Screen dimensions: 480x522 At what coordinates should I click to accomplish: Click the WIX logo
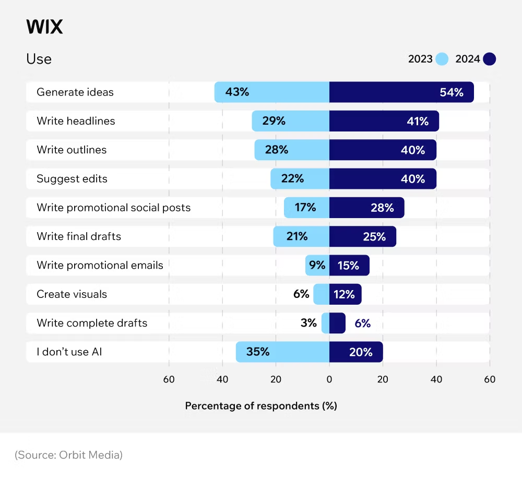click(x=44, y=27)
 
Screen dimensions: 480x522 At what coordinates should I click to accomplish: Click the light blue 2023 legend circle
click(x=442, y=59)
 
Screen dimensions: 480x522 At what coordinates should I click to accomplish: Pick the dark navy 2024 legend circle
click(x=489, y=59)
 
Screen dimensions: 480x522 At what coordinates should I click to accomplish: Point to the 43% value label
click(x=237, y=92)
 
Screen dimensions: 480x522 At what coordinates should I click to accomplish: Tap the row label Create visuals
click(x=72, y=294)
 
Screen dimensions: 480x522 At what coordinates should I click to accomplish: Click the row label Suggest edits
click(x=72, y=179)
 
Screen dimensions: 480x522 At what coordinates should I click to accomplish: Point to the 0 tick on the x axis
click(x=329, y=380)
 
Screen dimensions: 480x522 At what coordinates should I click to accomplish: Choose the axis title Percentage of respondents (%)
click(x=261, y=406)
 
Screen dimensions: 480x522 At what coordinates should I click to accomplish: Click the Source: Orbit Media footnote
click(x=68, y=455)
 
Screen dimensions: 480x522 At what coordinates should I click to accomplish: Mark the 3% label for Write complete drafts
click(x=309, y=323)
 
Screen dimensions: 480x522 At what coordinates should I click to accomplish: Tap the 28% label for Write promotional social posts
click(x=382, y=208)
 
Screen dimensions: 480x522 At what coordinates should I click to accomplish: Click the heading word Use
click(x=39, y=59)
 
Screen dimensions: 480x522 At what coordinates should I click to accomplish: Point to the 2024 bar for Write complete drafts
click(x=337, y=323)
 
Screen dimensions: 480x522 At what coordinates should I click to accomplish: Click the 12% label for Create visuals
click(x=345, y=294)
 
